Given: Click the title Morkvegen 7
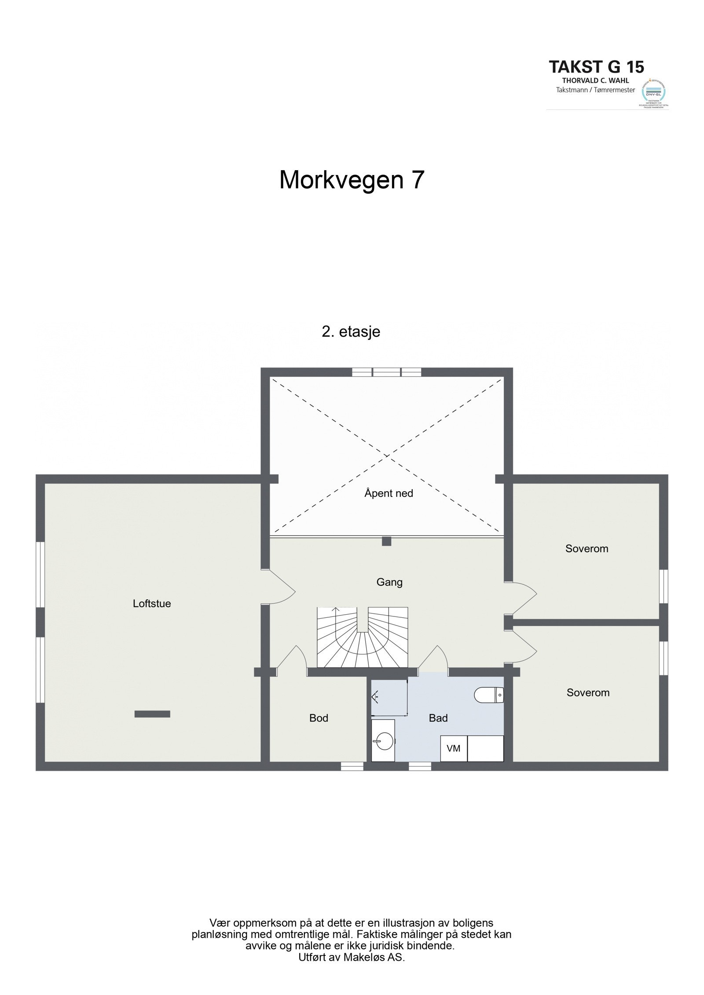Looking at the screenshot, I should tap(352, 180).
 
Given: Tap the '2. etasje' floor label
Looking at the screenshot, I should tap(351, 332).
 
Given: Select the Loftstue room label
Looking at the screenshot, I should tap(152, 604).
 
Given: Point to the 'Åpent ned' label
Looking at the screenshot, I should tap(389, 493).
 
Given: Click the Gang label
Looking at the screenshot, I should tap(389, 582).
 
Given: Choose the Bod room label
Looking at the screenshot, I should tap(319, 718).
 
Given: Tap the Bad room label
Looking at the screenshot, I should tap(438, 718).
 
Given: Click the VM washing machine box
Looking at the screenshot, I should tap(453, 748).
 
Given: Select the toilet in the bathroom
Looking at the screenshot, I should tap(488, 695).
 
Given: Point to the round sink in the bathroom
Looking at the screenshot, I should tap(384, 743).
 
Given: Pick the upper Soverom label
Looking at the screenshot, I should tap(587, 549).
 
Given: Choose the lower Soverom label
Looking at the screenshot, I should tap(588, 693).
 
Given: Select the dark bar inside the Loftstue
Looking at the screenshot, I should tap(152, 714).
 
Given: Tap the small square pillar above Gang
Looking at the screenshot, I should tap(386, 541).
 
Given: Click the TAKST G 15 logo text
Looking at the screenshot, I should tap(596, 67).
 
